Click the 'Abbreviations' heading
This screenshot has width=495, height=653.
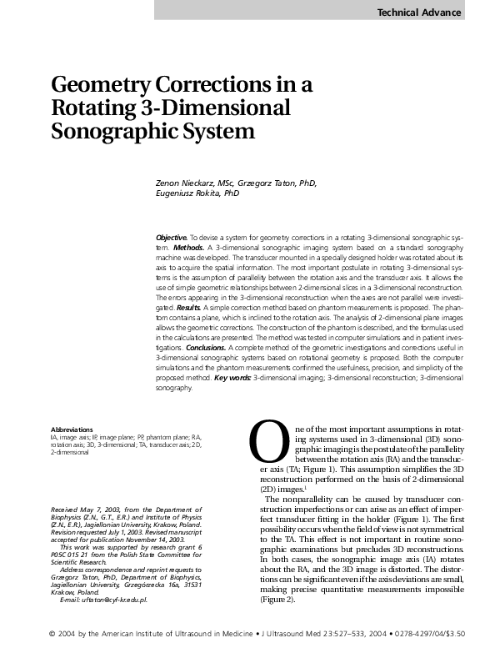pos(72,429)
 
